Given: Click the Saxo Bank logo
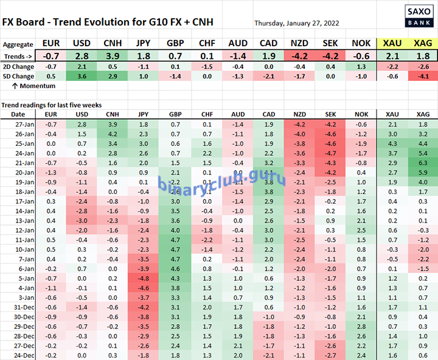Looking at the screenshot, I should pyautogui.click(x=416, y=13).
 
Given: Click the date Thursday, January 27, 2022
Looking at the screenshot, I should pyautogui.click(x=297, y=23).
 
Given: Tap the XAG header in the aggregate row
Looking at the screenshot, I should pyautogui.click(x=423, y=44).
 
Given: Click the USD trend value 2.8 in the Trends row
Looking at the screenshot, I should pyautogui.click(x=82, y=56).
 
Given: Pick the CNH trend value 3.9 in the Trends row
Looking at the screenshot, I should pyautogui.click(x=113, y=56).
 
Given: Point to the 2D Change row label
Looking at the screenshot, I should pyautogui.click(x=15, y=66).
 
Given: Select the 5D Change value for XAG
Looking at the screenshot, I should pyautogui.click(x=423, y=76).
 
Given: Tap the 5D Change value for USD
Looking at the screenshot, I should pyautogui.click(x=82, y=76).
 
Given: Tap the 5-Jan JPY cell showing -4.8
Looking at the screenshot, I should pyautogui.click(x=144, y=277).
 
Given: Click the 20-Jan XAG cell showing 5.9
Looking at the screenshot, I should pyautogui.click(x=423, y=172).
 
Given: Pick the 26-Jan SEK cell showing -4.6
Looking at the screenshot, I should pyautogui.click(x=330, y=133).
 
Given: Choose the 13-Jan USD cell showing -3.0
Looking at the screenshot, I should pyautogui.click(x=82, y=220).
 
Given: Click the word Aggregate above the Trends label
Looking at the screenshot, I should pyautogui.click(x=18, y=44).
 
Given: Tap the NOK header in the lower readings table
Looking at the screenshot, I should pyautogui.click(x=361, y=114).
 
